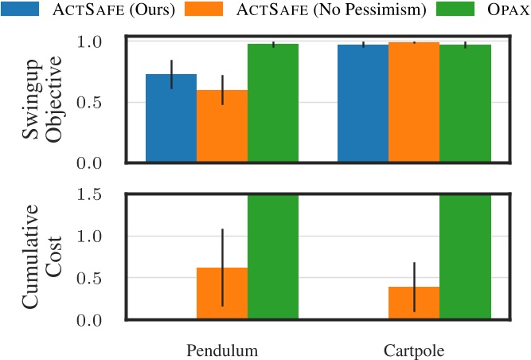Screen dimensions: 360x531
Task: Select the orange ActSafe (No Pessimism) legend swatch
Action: pyautogui.click(x=206, y=10)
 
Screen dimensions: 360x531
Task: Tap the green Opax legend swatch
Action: pyautogui.click(x=447, y=10)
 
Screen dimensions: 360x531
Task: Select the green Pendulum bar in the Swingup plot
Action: pyautogui.click(x=273, y=103)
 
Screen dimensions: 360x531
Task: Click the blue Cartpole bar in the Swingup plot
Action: pyautogui.click(x=363, y=104)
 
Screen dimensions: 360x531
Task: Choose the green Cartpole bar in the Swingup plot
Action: pyautogui.click(x=465, y=104)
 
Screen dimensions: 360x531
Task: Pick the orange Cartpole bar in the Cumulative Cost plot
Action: pyautogui.click(x=414, y=303)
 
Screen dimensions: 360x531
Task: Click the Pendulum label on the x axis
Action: pyautogui.click(x=222, y=350)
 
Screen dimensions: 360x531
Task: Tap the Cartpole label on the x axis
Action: pyautogui.click(x=414, y=350)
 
